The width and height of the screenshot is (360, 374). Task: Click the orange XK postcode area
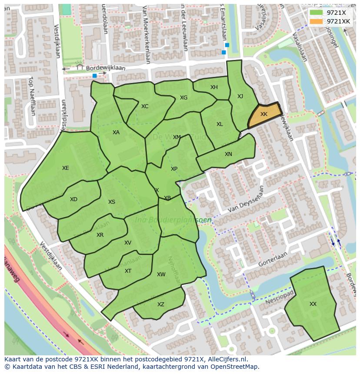pyautogui.click(x=264, y=115)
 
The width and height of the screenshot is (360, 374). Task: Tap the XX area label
pyautogui.click(x=313, y=304)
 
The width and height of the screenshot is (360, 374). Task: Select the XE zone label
pyautogui.click(x=65, y=168)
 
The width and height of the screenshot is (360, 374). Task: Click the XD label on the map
pyautogui.click(x=73, y=199)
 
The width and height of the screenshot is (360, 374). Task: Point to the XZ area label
pyautogui.click(x=161, y=304)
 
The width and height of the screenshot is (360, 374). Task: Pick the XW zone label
pyautogui.click(x=161, y=275)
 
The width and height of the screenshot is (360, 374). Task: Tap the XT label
pyautogui.click(x=128, y=271)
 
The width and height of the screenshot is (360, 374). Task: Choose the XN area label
pyautogui.click(x=228, y=154)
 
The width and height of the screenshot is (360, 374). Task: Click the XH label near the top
pyautogui.click(x=214, y=87)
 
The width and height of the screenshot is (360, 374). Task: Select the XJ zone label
pyautogui.click(x=240, y=96)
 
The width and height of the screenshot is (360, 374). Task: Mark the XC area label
pyautogui.click(x=145, y=106)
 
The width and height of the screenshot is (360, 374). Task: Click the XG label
pyautogui.click(x=183, y=98)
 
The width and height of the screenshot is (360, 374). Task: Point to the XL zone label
pyautogui.click(x=220, y=124)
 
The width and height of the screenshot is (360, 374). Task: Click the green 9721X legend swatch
pyautogui.click(x=316, y=12)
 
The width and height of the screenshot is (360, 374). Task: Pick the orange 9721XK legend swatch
pyautogui.click(x=316, y=21)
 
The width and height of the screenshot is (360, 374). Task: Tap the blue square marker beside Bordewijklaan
pyautogui.click(x=94, y=76)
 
